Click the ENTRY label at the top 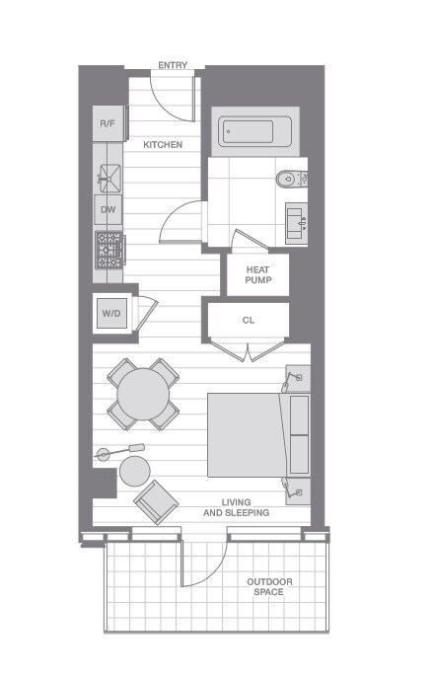(x=173, y=65)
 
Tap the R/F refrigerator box (x=108, y=123)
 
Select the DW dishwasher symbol (x=108, y=210)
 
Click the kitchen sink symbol (x=110, y=178)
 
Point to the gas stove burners (x=109, y=250)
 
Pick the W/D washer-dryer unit (x=111, y=314)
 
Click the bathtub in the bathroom (x=254, y=131)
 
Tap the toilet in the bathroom (x=292, y=179)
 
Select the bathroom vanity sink (x=297, y=223)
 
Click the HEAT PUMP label (x=258, y=275)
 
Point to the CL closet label (x=249, y=321)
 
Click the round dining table (x=143, y=394)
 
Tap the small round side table (x=135, y=471)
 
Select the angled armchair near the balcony (x=156, y=502)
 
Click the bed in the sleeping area (x=258, y=435)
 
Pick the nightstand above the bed (x=298, y=379)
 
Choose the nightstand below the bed (x=298, y=491)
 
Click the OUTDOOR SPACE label (x=269, y=587)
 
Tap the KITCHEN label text (x=163, y=145)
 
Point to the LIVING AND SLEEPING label (x=236, y=507)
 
